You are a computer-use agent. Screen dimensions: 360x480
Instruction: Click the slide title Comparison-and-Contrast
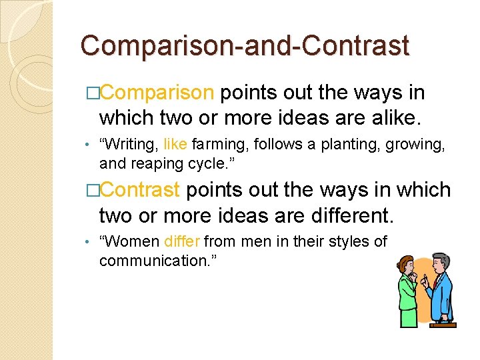244,46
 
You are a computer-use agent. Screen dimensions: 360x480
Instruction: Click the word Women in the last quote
129,241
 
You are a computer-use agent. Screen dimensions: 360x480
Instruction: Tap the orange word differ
182,241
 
